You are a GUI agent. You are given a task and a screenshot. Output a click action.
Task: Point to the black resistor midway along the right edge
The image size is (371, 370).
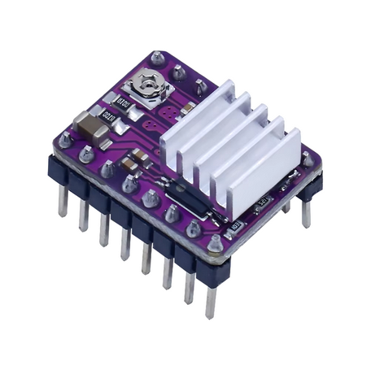point(262,200)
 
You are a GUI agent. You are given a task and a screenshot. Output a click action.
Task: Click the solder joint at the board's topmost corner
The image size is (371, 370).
point(157,58)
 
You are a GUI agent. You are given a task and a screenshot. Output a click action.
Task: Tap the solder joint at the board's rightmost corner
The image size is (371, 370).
point(308,159)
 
